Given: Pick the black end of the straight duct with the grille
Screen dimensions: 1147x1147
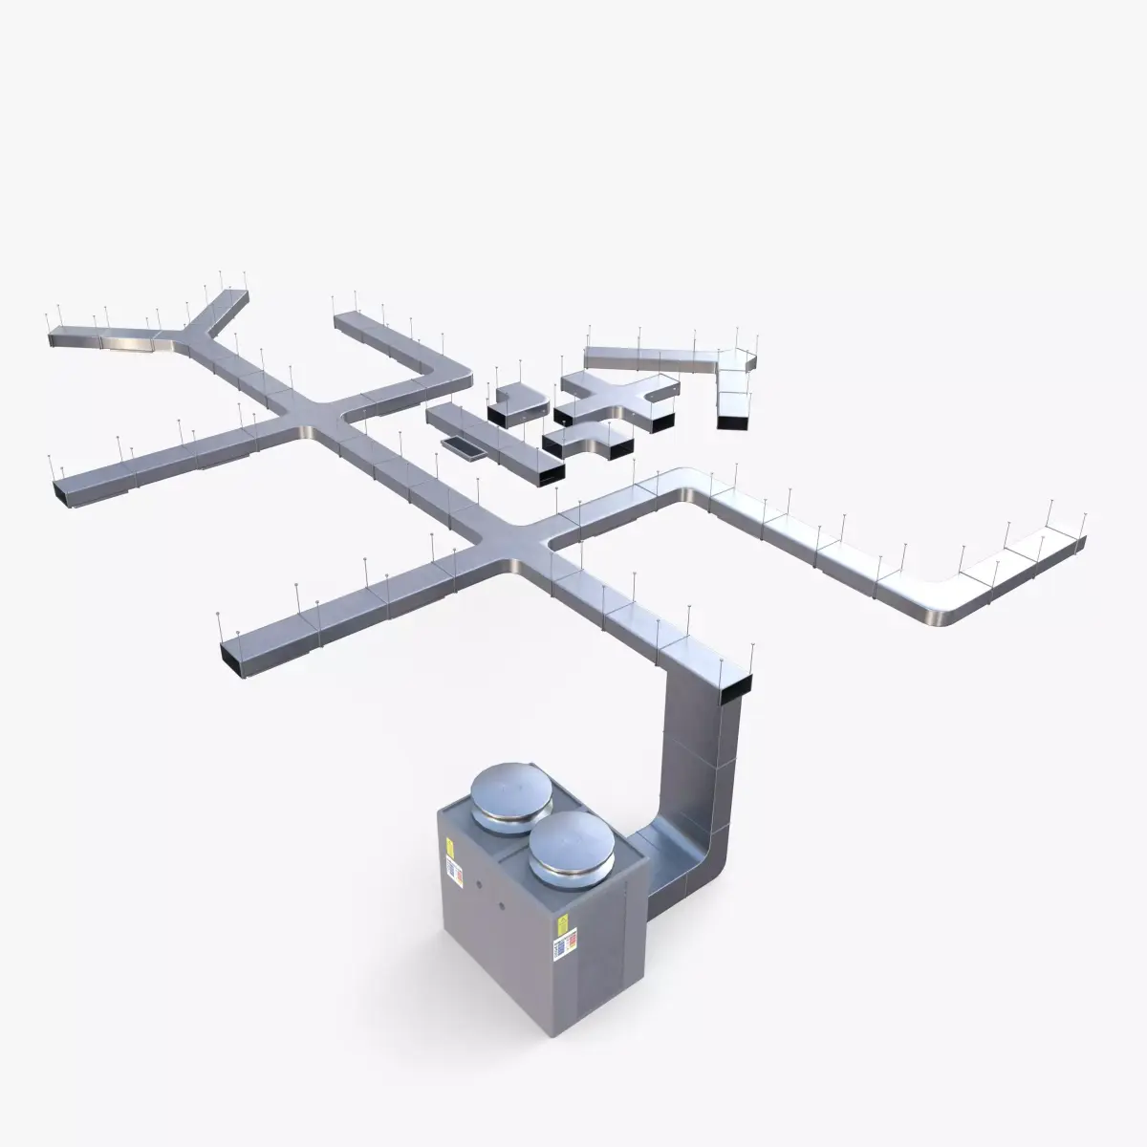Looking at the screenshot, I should (x=547, y=470).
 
